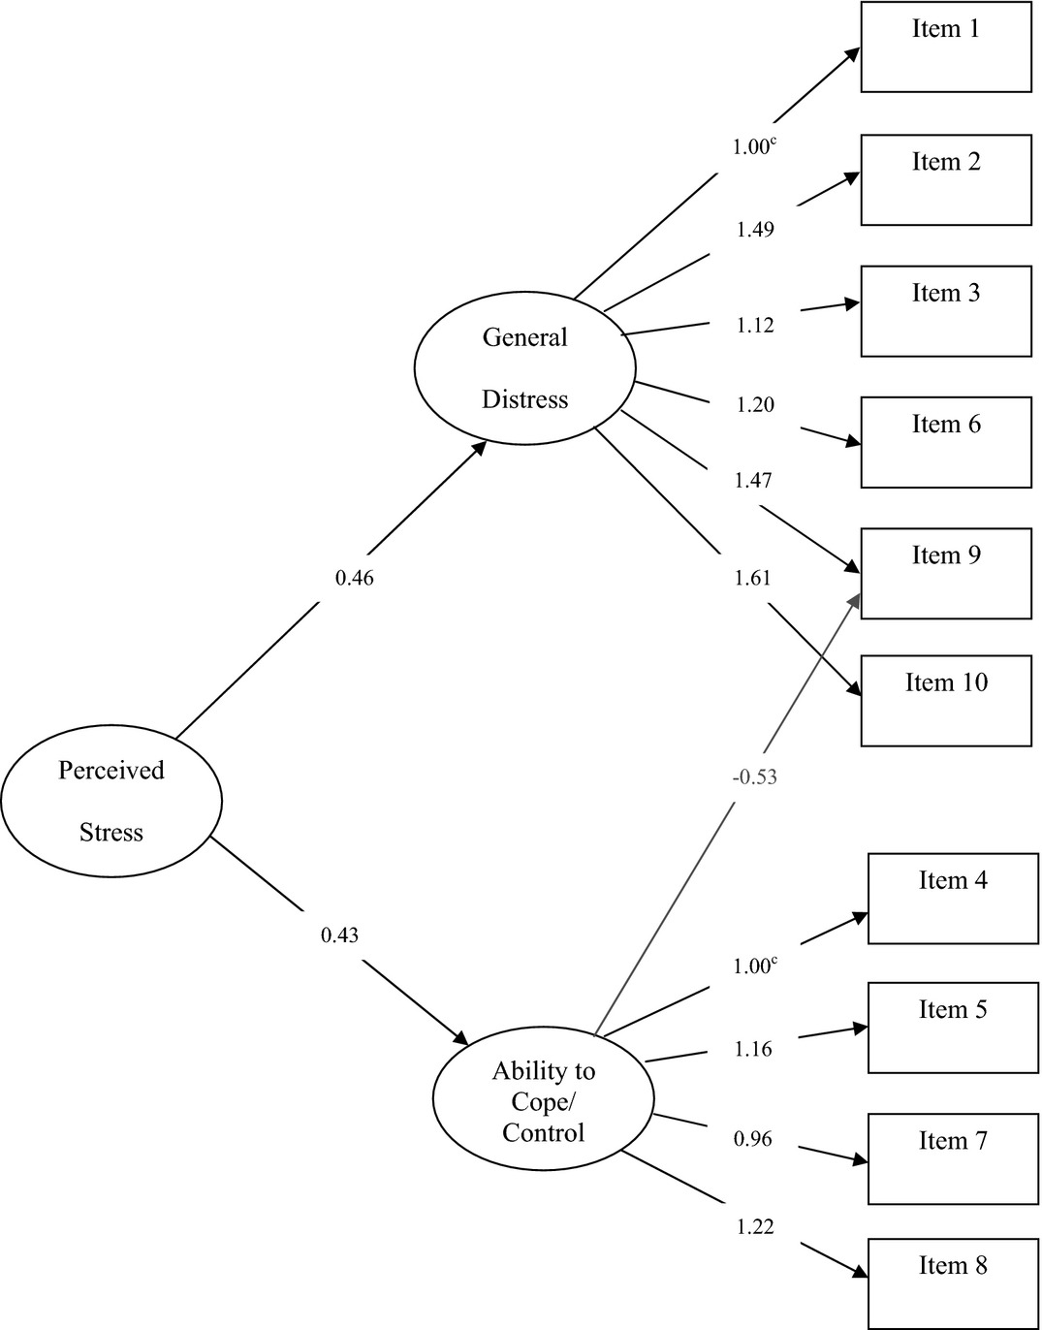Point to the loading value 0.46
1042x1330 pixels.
point(354,578)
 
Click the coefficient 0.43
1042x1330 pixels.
point(339,935)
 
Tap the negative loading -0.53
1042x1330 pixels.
point(754,776)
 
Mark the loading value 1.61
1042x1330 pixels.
point(752,578)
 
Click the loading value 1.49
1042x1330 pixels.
point(755,229)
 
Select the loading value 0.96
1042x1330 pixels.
point(752,1138)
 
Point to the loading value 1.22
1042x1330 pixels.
point(755,1226)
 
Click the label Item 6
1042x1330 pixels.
point(946,424)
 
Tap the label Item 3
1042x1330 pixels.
point(946,293)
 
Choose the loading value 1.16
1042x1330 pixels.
point(752,1049)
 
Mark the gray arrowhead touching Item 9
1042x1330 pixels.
point(855,601)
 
